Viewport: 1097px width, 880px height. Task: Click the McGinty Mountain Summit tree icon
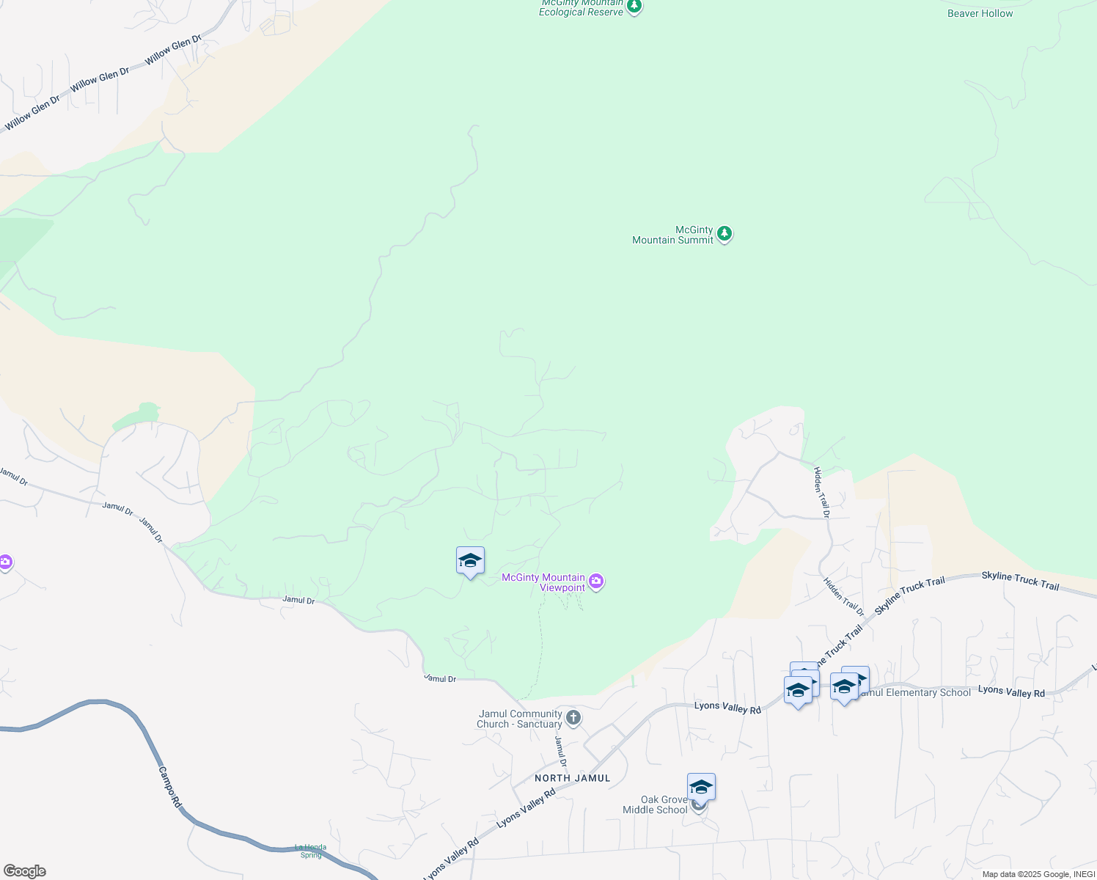[x=724, y=234]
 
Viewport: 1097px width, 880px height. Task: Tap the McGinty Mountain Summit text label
[x=672, y=235]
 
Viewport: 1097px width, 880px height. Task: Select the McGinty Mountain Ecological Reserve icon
[x=634, y=7]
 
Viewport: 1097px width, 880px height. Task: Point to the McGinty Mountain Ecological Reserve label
[x=581, y=8]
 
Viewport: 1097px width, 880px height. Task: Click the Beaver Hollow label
[x=980, y=13]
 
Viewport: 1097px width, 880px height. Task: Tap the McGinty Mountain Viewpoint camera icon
[x=597, y=582]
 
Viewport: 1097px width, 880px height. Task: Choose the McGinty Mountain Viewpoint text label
[x=543, y=582]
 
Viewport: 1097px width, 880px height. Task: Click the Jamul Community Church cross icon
[x=573, y=718]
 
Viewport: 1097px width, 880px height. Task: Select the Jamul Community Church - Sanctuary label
[x=519, y=719]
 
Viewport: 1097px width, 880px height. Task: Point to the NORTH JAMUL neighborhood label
[x=572, y=778]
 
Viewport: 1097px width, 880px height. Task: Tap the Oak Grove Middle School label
[x=655, y=804]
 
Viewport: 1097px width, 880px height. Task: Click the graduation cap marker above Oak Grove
[x=701, y=787]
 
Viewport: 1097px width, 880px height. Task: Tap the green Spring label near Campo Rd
[x=311, y=851]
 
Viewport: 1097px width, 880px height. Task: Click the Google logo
[x=25, y=871]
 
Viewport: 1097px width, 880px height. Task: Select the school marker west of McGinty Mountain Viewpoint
[x=470, y=561]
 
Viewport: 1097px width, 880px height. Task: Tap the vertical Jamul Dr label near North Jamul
[x=560, y=752]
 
